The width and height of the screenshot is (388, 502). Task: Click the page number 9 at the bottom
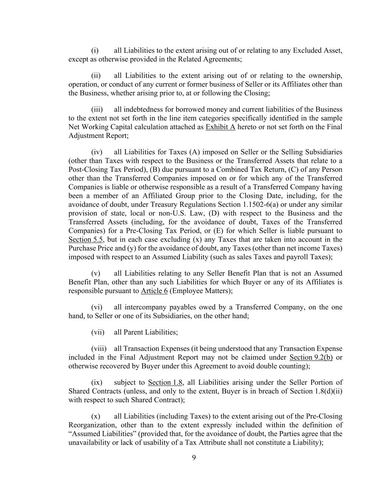point(194,458)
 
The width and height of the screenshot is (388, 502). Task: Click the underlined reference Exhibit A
point(220,127)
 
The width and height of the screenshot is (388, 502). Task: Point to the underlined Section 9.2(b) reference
point(311,357)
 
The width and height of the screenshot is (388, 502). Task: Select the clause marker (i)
point(95,50)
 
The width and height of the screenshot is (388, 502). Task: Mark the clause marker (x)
point(96,416)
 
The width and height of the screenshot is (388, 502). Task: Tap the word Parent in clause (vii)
point(133,332)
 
